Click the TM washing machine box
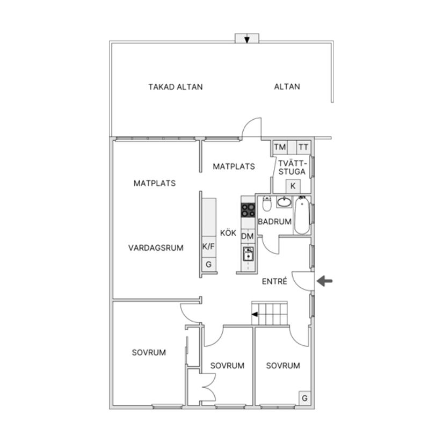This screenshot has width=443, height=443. tap(280, 147)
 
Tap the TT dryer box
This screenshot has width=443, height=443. tap(303, 147)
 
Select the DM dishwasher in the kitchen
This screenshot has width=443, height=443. tap(248, 236)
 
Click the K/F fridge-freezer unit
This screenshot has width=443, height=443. tap(209, 246)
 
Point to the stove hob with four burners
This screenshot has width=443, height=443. tap(248, 210)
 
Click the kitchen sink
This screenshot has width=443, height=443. tap(248, 253)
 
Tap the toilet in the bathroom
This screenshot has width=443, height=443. tap(267, 204)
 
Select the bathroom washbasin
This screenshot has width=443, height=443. tap(284, 202)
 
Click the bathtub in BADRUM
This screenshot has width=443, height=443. tap(302, 215)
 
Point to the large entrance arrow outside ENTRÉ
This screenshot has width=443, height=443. tap(325, 281)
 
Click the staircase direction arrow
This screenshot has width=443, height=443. tap(255, 314)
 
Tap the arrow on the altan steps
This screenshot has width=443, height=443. tap(247, 40)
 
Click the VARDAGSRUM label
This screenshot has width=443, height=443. tap(156, 248)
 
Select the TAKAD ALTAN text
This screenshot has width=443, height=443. tap(176, 87)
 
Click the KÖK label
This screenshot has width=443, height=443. tap(228, 233)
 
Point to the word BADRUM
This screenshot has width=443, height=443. tap(274, 222)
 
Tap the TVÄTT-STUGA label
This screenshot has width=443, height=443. tap(292, 168)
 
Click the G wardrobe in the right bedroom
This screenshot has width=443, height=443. tap(305, 398)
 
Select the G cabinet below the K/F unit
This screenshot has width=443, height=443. tap(209, 264)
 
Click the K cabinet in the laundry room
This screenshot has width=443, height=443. tap(293, 186)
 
